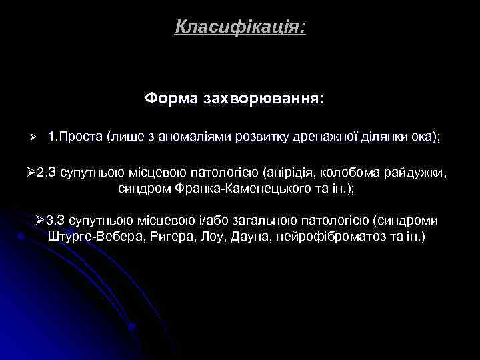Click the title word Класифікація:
click(x=241, y=27)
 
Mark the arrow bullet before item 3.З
click(x=40, y=221)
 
